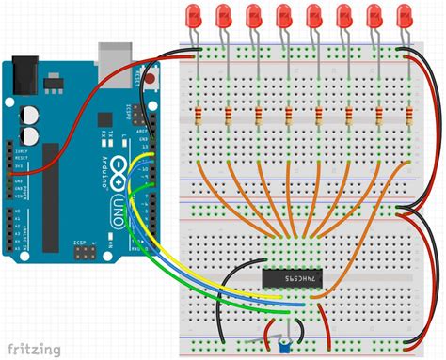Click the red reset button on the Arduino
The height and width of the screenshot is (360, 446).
pyautogui.click(x=151, y=82)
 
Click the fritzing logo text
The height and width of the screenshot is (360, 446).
pyautogui.click(x=33, y=348)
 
